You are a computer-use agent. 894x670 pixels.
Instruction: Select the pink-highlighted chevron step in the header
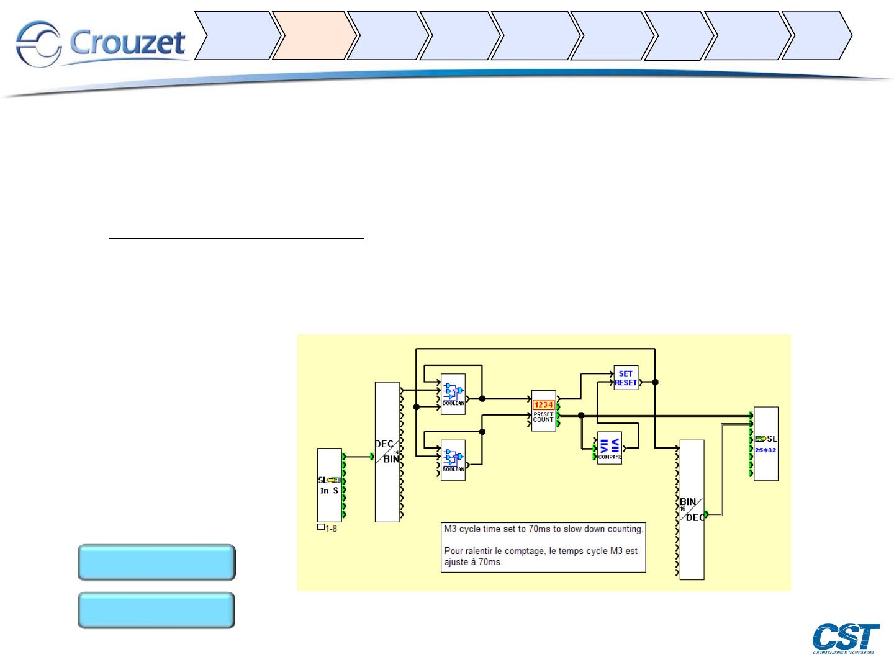coord(314,35)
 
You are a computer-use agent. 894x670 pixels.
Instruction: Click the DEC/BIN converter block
coord(387,452)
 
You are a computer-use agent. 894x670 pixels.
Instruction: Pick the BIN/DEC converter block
coord(692,509)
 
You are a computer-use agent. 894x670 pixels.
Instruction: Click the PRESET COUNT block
coord(544,411)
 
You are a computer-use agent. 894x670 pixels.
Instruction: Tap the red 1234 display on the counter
coord(543,404)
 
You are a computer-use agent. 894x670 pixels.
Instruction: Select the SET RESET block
coord(626,378)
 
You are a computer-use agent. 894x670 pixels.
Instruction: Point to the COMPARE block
coord(609,448)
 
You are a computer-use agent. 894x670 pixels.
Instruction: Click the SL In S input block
coord(330,485)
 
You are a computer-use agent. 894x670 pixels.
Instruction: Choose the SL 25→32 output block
coord(765,444)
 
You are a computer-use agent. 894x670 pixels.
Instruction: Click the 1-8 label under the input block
coord(331,529)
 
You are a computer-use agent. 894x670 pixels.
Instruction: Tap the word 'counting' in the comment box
coord(624,529)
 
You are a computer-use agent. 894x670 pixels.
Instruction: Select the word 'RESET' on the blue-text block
coord(626,383)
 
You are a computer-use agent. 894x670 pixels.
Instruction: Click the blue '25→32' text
coord(765,450)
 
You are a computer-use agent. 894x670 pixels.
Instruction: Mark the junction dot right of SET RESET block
coord(655,382)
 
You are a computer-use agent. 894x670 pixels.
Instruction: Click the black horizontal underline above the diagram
coord(237,238)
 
